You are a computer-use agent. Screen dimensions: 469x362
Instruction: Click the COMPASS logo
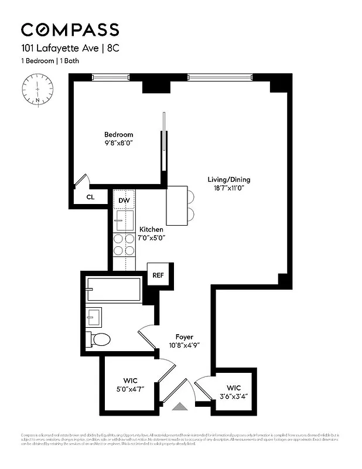[x=70, y=29]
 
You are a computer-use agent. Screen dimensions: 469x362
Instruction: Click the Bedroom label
[x=118, y=134]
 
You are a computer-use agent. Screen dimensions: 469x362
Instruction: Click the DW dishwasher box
[x=124, y=200]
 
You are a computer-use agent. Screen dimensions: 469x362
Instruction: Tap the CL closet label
[x=90, y=198]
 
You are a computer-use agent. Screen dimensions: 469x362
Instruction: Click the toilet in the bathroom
[x=98, y=339]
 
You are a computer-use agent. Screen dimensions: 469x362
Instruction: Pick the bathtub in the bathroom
[x=114, y=290]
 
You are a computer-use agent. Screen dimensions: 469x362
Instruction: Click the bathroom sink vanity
[x=93, y=317]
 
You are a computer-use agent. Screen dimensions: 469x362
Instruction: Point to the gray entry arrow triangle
[x=180, y=406]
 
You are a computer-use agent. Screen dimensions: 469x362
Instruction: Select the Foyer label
[x=185, y=337]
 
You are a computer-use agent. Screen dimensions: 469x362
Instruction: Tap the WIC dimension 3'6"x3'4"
[x=234, y=396]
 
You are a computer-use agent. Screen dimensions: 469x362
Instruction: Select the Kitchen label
[x=151, y=229]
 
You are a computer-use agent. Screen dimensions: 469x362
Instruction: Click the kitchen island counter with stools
[x=179, y=205]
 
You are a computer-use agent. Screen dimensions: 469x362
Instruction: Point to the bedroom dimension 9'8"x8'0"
[x=118, y=142]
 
